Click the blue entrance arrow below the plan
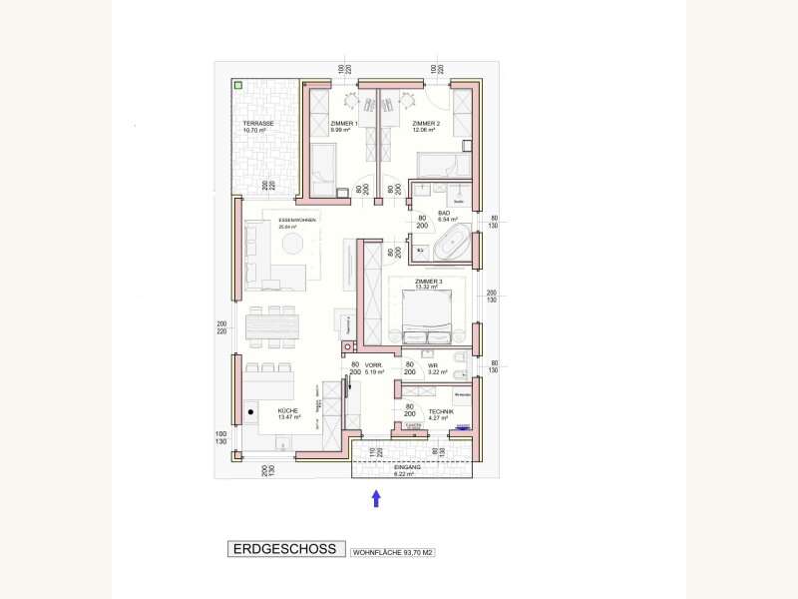[x=376, y=498]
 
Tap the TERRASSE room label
[x=257, y=124]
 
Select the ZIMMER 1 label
[x=343, y=124]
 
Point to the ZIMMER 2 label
[x=427, y=124]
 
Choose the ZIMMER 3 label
[x=428, y=283]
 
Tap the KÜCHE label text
[x=288, y=410]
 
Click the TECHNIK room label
[x=441, y=411]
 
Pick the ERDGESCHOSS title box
[x=285, y=549]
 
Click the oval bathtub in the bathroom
[x=456, y=243]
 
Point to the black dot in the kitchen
[x=250, y=410]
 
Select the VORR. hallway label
[x=374, y=367]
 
